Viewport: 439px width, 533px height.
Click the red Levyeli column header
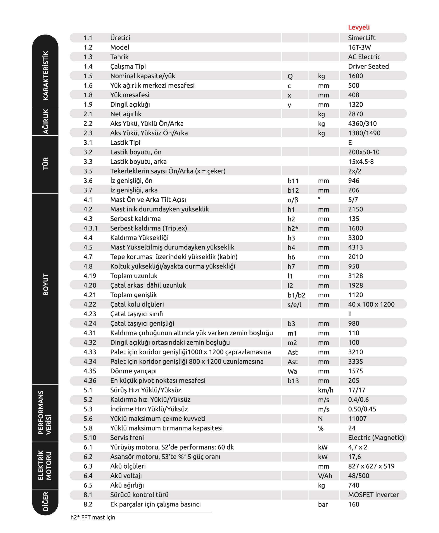(359, 27)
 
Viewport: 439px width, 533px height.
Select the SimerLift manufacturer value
(361, 38)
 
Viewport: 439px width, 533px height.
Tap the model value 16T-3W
(359, 48)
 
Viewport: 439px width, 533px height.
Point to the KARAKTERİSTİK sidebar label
(45, 75)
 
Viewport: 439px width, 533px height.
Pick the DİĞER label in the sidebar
(45, 501)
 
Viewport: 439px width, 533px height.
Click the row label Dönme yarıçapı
(133, 371)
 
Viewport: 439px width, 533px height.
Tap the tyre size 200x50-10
(364, 152)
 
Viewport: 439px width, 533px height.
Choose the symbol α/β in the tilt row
(293, 200)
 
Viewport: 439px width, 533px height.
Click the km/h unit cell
(325, 390)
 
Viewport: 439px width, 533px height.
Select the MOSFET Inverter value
(373, 495)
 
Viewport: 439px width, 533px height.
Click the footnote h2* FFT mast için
(93, 517)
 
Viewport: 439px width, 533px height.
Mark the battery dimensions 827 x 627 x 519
(371, 466)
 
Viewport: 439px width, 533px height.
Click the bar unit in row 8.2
(323, 505)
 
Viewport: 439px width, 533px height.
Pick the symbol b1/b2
(296, 295)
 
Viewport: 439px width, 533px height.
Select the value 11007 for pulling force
(357, 419)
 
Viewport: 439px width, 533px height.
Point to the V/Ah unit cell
(325, 476)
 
